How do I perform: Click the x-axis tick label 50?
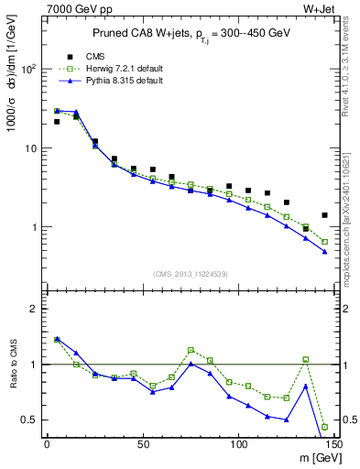pos(143,444)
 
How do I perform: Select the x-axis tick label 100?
pos(238,444)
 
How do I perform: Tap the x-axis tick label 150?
pos(333,444)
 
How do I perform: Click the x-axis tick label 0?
pos(47,444)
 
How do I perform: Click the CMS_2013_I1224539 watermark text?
pos(190,274)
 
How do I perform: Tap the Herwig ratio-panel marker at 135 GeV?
pos(305,360)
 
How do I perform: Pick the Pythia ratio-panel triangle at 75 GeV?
pos(191,364)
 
